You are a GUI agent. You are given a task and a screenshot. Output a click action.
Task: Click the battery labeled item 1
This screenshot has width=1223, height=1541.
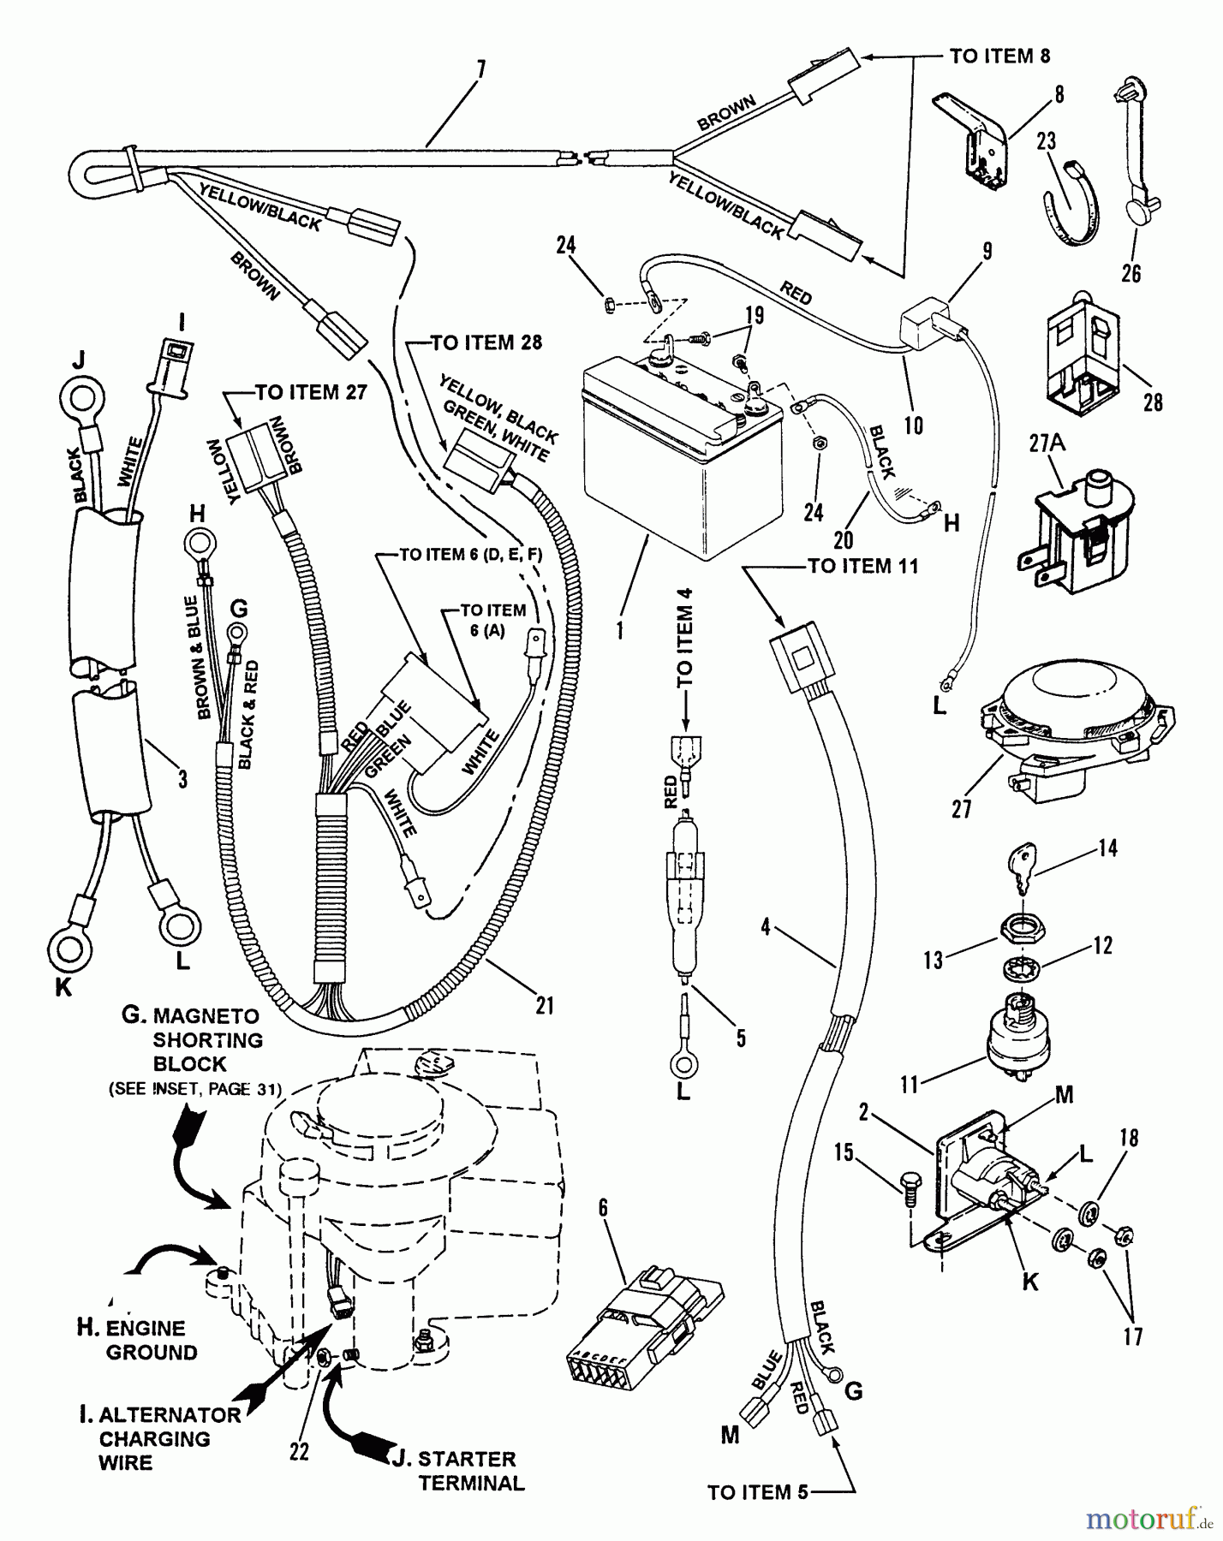677,454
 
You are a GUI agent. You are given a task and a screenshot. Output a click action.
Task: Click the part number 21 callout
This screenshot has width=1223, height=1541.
545,1005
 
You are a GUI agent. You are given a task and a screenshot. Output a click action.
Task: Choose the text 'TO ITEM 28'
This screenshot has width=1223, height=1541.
486,343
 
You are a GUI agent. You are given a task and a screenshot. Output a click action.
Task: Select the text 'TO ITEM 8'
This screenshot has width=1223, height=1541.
999,57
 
